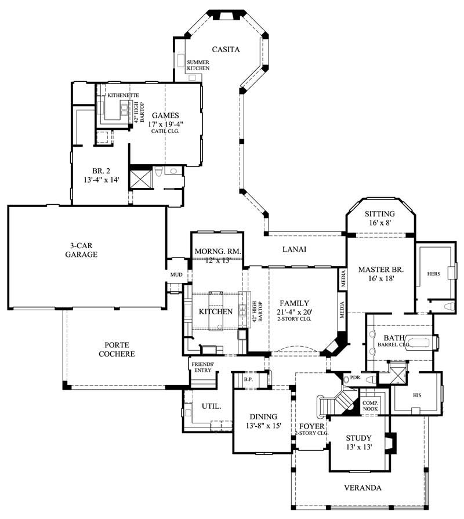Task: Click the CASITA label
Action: tap(226, 49)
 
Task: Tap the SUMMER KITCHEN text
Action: tap(198, 65)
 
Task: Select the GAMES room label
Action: tap(165, 114)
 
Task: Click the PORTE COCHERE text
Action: tap(116, 349)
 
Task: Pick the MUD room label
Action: tap(176, 274)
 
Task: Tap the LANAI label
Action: tap(293, 249)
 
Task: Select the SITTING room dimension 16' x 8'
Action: tap(380, 223)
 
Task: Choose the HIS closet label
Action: tap(416, 394)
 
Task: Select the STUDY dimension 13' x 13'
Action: tap(358, 447)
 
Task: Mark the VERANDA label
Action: tap(362, 488)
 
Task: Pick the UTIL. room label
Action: tap(212, 407)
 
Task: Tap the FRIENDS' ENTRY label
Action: tap(202, 368)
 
